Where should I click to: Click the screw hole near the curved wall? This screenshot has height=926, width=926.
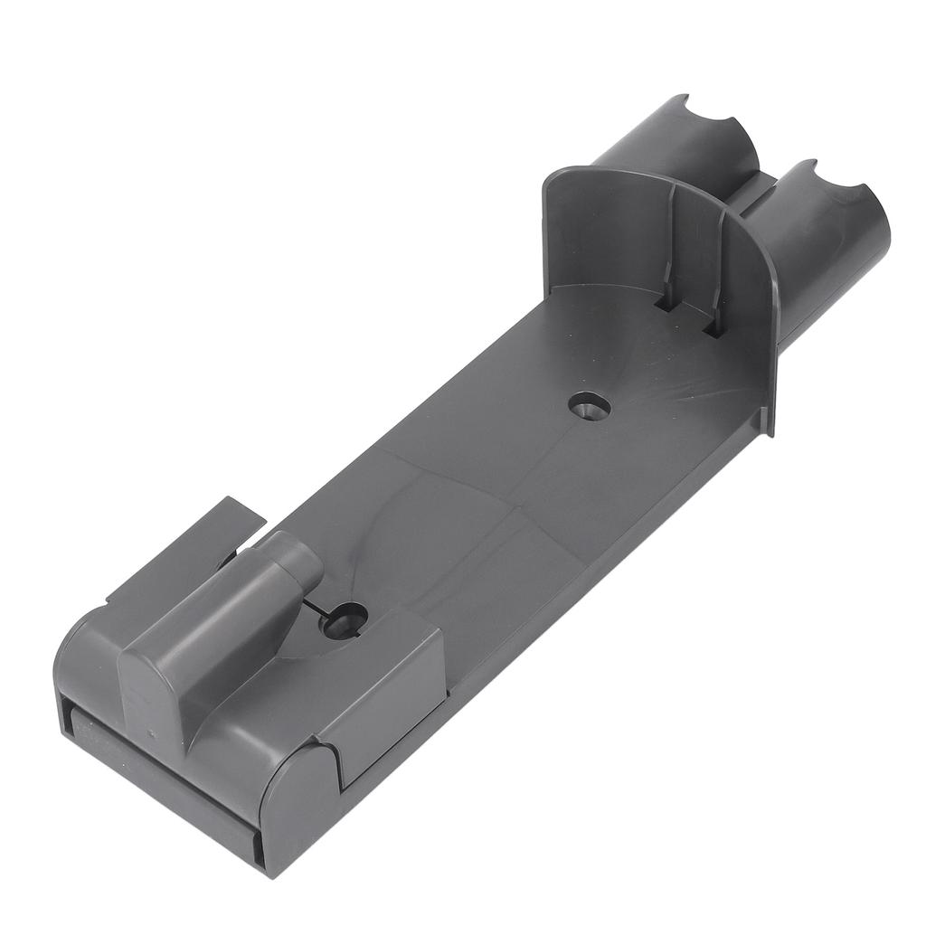(589, 406)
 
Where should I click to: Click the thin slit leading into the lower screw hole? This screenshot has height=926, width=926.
(317, 604)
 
